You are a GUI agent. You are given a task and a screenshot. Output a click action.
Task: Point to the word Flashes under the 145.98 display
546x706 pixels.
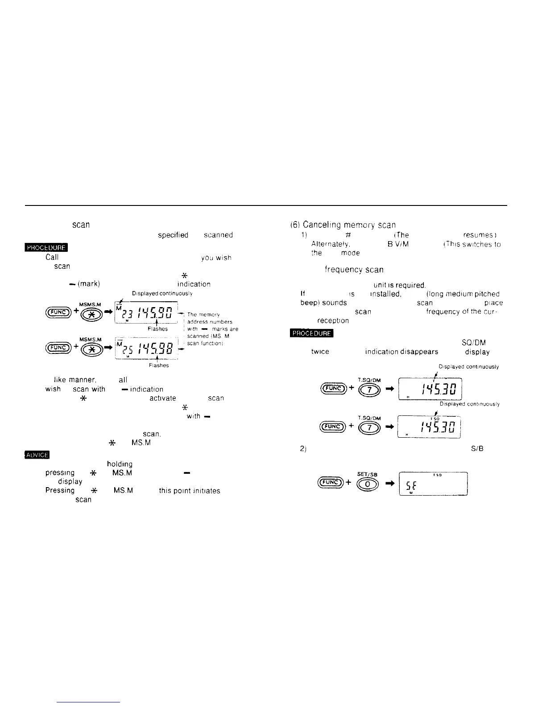(x=158, y=365)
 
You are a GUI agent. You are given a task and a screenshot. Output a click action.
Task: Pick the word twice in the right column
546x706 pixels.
(x=320, y=352)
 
